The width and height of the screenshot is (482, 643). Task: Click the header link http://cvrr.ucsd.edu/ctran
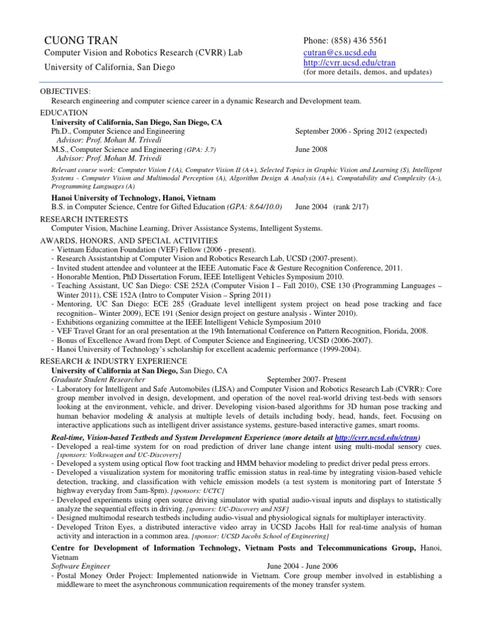tap(350, 63)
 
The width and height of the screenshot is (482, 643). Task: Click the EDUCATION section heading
tap(63, 112)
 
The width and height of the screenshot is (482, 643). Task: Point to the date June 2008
tap(311, 150)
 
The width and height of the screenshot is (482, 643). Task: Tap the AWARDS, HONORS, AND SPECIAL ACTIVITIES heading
tap(129, 240)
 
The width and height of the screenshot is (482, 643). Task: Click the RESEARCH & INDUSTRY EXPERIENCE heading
tap(114, 361)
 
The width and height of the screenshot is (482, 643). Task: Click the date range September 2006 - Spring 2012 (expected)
tap(361, 131)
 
